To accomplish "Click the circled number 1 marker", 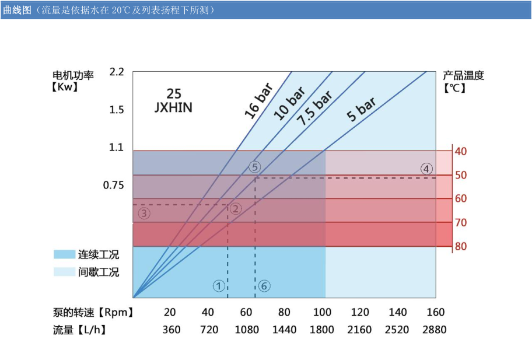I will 219,286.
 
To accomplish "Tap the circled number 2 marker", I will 236,209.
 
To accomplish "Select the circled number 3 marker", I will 144,214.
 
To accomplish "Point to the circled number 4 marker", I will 427,169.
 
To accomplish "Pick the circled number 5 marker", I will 254,167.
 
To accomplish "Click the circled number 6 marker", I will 264,286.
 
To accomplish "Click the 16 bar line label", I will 258,100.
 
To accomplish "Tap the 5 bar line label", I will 361,109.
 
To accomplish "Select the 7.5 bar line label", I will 313,109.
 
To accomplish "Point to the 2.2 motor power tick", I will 117,72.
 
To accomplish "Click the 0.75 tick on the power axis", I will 114,186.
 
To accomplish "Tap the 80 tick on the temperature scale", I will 460,247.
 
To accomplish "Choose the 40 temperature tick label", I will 460,152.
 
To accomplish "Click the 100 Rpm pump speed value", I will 321,312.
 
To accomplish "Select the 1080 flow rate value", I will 247,330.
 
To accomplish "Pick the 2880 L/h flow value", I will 434,330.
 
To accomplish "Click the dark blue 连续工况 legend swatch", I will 64,254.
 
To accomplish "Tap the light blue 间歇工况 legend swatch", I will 64,272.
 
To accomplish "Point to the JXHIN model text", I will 174,108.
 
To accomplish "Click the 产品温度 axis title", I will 463,75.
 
